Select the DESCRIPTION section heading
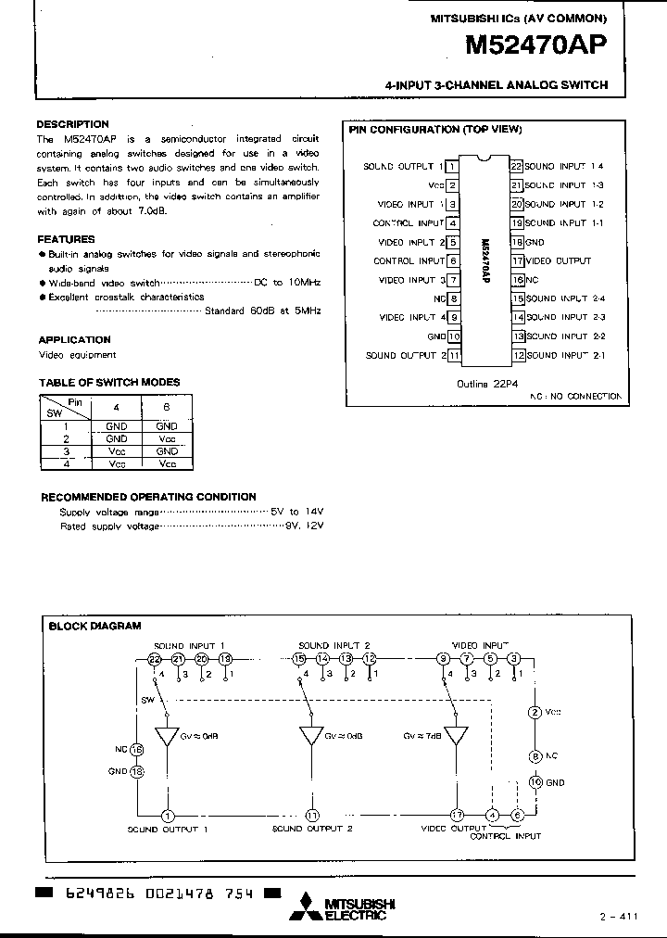tap(73, 123)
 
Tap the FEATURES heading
tap(66, 239)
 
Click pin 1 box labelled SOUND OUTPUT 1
tap(452, 167)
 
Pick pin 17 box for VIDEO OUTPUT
tap(518, 261)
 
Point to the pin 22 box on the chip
tap(518, 167)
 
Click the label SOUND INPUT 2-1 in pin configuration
tap(565, 356)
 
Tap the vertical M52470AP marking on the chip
tap(485, 260)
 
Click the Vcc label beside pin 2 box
tap(434, 185)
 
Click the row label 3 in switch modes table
tap(66, 450)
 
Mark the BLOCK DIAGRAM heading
tap(94, 626)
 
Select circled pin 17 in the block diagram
tap(457, 815)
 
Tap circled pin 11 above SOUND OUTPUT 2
tap(311, 815)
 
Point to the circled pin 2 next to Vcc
tap(534, 712)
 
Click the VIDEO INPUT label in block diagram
tap(480, 645)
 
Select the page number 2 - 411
tap(619, 917)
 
